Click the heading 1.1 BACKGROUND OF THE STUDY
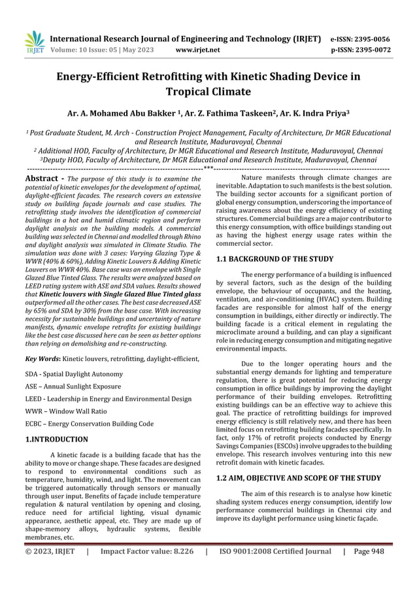click(x=275, y=259)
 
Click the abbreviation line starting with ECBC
click(x=89, y=423)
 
